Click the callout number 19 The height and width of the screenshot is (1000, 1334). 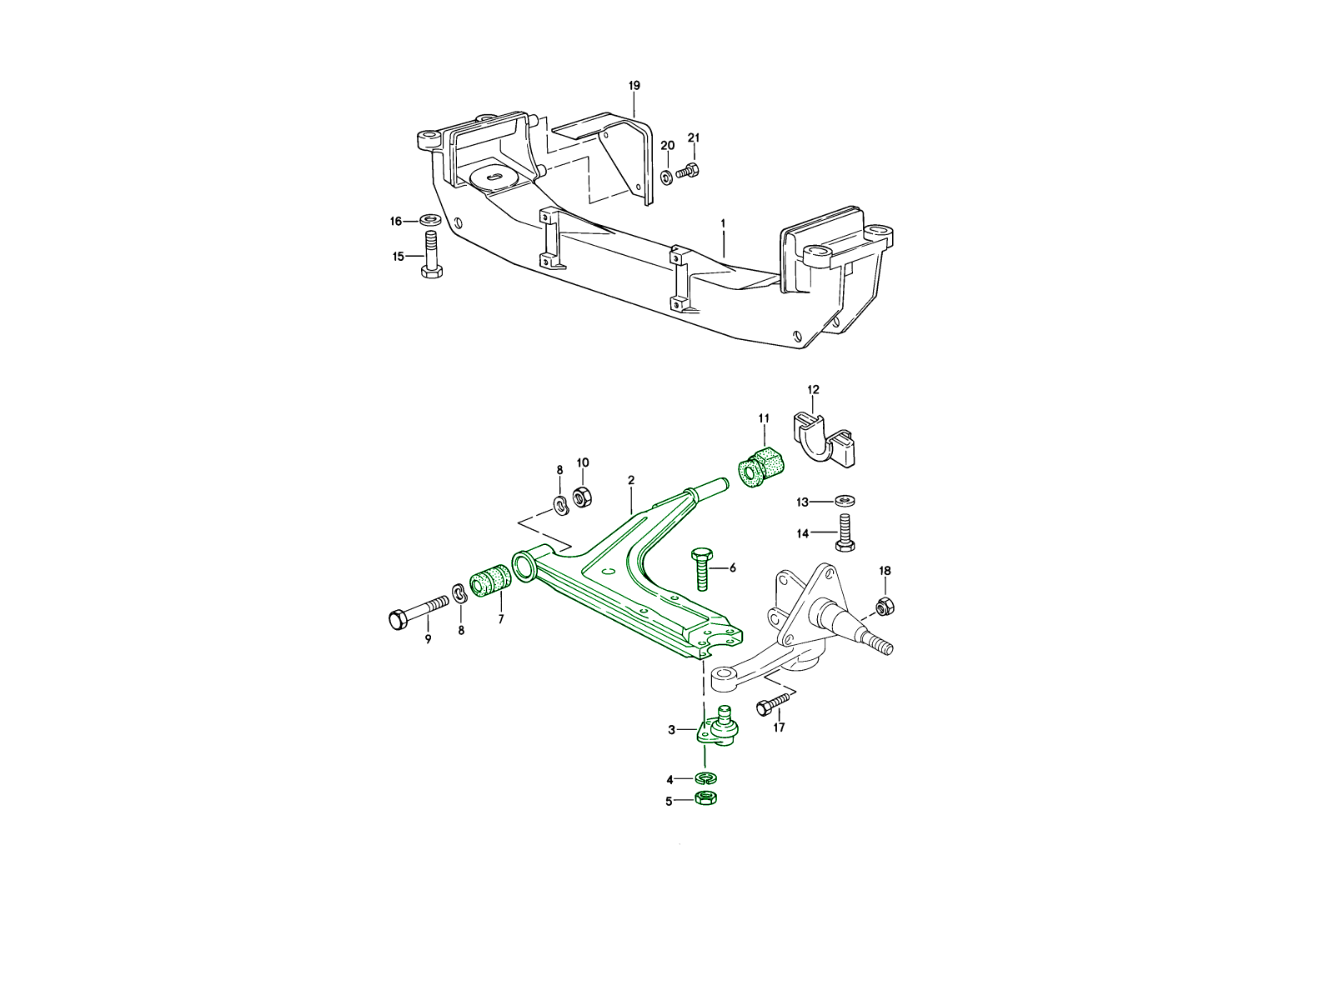[634, 86]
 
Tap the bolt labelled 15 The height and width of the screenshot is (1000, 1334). [431, 254]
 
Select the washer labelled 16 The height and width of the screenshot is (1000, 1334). [431, 218]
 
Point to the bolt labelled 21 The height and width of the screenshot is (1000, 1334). [687, 171]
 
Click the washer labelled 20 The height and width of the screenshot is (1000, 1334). [667, 177]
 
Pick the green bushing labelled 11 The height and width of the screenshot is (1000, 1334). [761, 467]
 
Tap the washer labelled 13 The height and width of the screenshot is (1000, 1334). [844, 501]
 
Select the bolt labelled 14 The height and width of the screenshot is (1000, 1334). [845, 532]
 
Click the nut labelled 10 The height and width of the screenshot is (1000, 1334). [583, 497]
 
